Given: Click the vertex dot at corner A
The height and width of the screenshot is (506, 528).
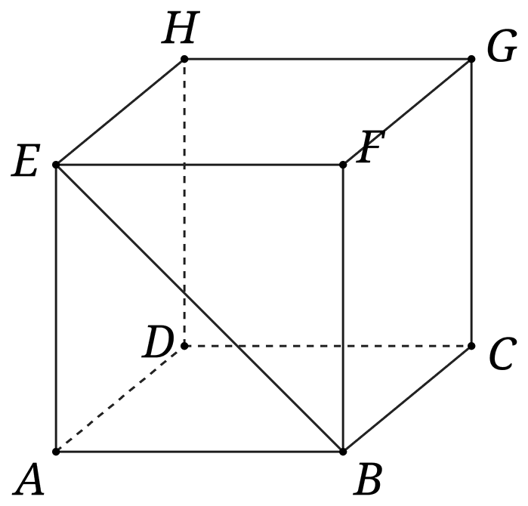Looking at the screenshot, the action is (56, 452).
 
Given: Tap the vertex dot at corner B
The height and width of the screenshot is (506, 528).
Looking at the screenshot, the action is (343, 452).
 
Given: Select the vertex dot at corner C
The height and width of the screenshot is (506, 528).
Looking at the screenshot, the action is (471, 346).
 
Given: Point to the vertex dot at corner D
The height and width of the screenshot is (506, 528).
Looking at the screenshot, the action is (184, 346).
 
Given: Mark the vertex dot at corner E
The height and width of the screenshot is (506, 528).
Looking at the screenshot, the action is (56, 165).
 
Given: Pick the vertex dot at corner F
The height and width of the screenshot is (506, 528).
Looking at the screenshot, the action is (343, 165).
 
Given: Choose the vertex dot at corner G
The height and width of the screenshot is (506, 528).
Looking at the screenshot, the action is (471, 59).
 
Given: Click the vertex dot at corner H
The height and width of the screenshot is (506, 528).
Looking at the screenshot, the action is (184, 59).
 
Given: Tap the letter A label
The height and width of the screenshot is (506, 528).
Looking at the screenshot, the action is (29, 479).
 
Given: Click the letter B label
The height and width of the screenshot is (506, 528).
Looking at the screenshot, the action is (368, 479).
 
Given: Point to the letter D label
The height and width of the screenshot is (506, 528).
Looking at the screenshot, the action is (158, 341).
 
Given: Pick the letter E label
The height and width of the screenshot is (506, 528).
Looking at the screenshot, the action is (26, 160).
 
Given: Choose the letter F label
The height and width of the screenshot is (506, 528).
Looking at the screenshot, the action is (370, 147).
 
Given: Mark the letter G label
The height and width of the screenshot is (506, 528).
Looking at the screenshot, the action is (502, 45).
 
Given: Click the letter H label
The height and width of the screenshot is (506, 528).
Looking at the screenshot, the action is (181, 28).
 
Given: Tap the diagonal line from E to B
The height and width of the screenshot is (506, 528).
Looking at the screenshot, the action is (199, 308).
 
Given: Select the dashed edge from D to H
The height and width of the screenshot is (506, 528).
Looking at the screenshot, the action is (184, 202).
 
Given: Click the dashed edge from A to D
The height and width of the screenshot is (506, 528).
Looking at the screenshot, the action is (120, 399).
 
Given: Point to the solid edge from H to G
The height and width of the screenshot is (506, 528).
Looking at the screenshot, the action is (328, 59).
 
